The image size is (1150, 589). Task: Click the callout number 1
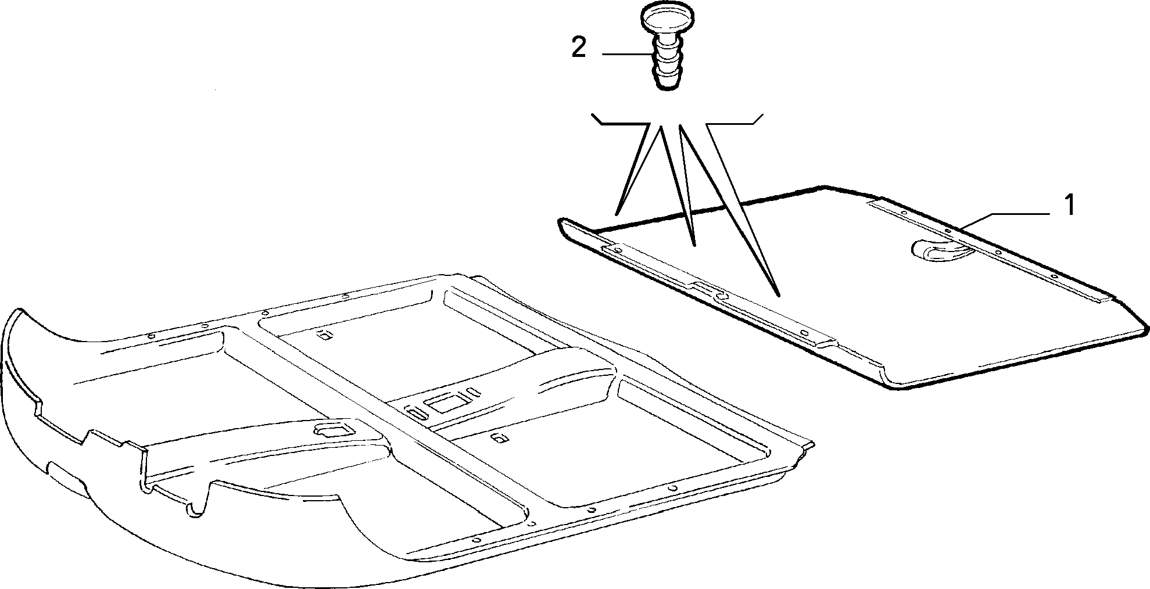tap(1069, 206)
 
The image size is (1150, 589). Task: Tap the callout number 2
tap(579, 48)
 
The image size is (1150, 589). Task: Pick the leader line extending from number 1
tap(1005, 221)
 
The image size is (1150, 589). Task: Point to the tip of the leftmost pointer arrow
tap(618, 214)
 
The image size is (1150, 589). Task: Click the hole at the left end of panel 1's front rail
tap(618, 251)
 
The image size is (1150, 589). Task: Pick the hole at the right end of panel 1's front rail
tap(804, 333)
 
